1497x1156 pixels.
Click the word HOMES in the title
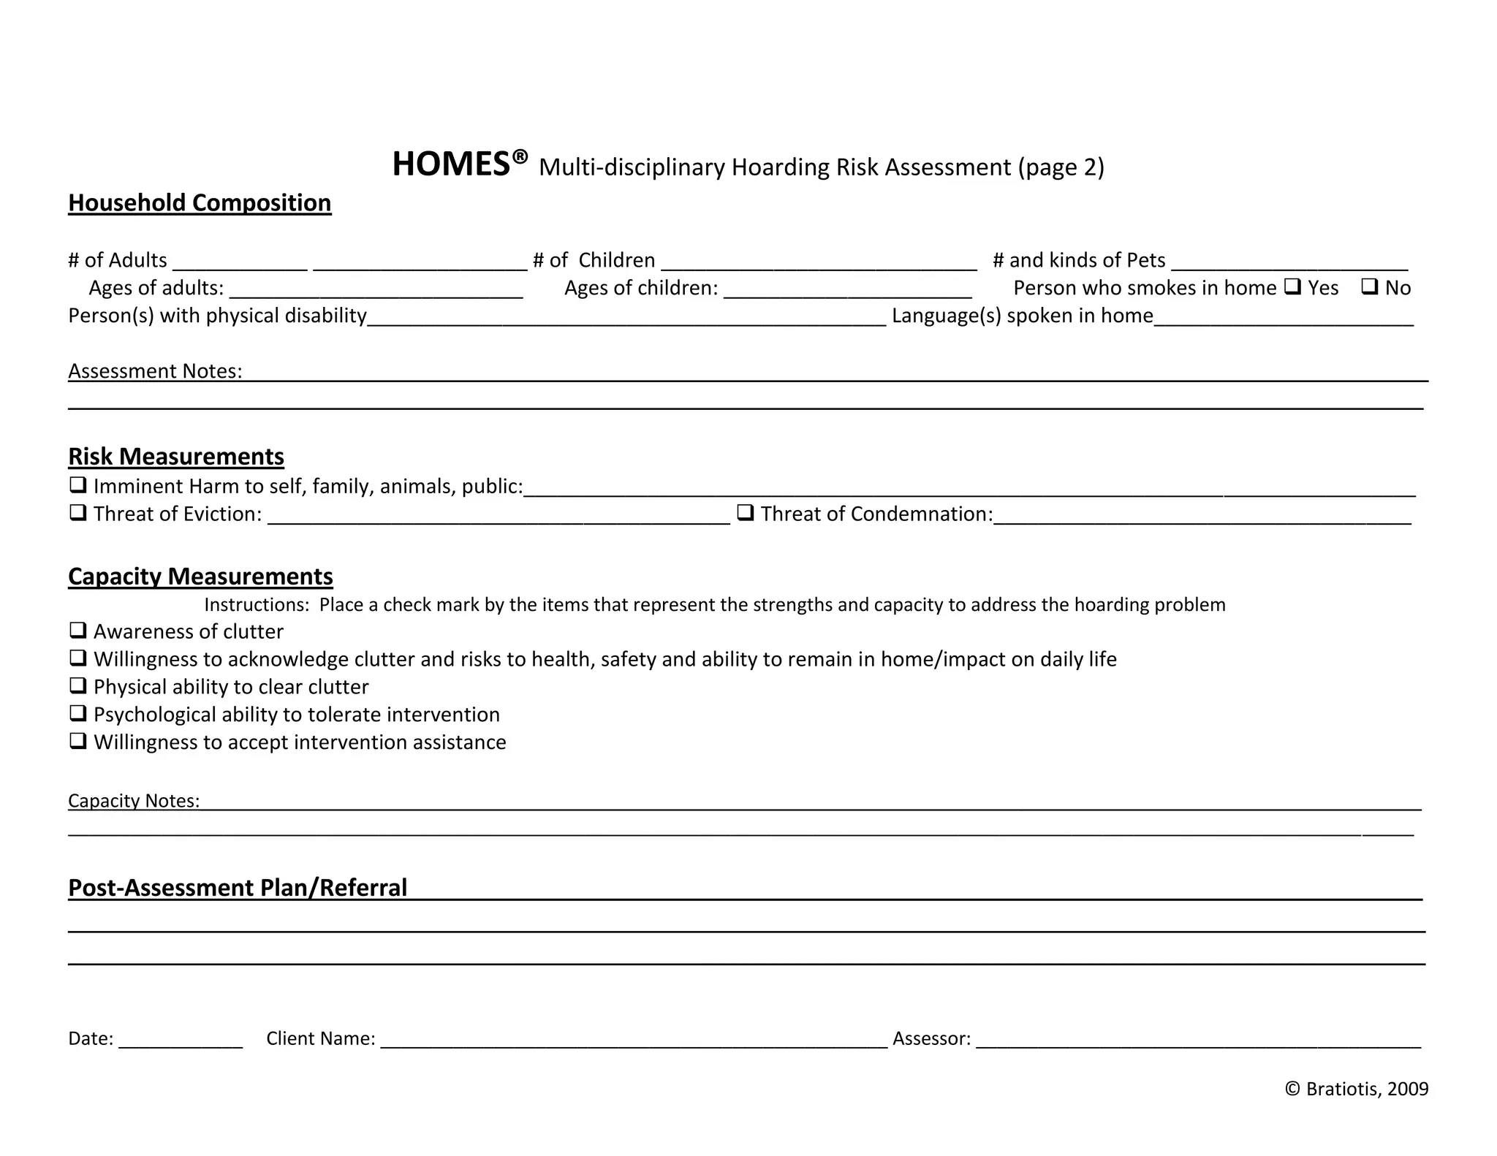[x=451, y=164]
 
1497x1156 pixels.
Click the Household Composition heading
[x=200, y=202]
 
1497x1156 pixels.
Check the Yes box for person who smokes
[x=1292, y=286]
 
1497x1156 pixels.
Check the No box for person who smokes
[x=1369, y=286]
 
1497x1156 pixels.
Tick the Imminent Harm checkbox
[x=77, y=484]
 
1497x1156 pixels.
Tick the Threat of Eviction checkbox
[x=77, y=512]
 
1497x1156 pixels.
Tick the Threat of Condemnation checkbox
[x=745, y=512]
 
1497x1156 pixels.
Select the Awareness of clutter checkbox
[x=77, y=630]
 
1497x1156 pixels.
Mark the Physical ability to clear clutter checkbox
[x=77, y=685]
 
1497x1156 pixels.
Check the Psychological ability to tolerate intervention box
[x=77, y=713]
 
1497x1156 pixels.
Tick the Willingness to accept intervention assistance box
[x=77, y=741]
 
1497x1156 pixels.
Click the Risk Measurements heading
[x=176, y=456]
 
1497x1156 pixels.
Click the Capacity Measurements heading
[x=200, y=577]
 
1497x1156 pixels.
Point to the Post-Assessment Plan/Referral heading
[x=238, y=887]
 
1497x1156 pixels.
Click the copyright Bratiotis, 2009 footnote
[x=1357, y=1089]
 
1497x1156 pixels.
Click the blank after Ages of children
[x=848, y=289]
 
